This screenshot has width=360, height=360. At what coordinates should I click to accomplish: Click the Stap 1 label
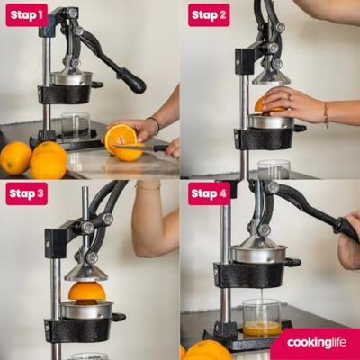click(x=27, y=15)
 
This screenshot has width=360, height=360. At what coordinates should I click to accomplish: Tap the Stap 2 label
click(x=209, y=15)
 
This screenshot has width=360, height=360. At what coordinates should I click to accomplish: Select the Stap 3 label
click(x=27, y=193)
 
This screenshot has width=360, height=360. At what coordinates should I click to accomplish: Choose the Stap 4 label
click(x=209, y=193)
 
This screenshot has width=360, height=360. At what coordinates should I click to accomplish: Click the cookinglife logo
click(x=317, y=342)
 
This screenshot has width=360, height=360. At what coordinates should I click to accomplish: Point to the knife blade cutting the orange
click(x=133, y=148)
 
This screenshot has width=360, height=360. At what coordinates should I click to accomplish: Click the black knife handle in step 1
click(x=161, y=148)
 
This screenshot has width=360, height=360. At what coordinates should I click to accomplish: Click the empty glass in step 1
click(x=76, y=125)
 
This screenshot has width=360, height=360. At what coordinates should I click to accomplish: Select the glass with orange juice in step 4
click(x=262, y=318)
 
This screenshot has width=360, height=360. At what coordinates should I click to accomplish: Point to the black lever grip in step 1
click(x=132, y=79)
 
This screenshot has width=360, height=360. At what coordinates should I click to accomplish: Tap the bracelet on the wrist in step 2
click(x=326, y=114)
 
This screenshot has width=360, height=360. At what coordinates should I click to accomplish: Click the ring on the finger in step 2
click(x=289, y=96)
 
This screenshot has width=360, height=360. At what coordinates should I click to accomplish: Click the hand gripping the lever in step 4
click(x=349, y=240)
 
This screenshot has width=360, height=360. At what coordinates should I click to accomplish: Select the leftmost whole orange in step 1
click(x=15, y=158)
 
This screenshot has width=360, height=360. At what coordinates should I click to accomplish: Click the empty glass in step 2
click(x=274, y=169)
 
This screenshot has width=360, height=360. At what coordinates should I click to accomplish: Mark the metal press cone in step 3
click(x=86, y=273)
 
